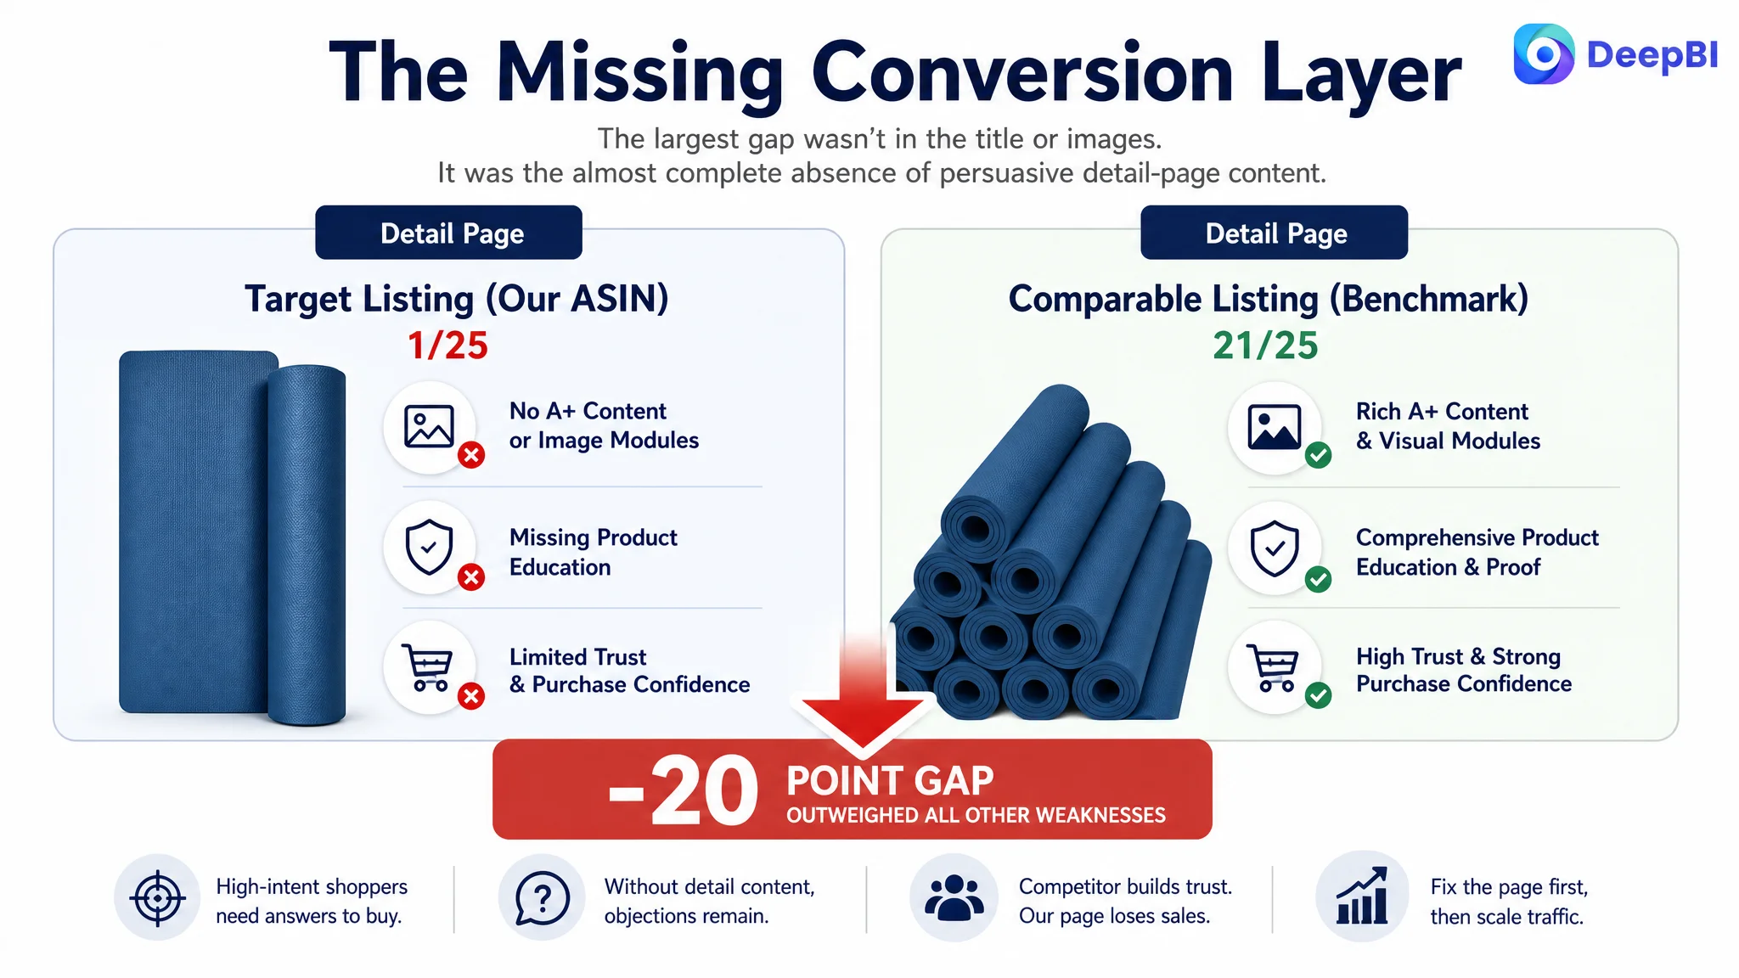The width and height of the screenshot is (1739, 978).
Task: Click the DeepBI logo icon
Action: click(1544, 54)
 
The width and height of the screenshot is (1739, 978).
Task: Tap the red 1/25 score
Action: click(447, 346)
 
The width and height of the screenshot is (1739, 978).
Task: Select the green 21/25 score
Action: click(1265, 346)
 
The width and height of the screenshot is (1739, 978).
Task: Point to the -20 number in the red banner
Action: click(684, 791)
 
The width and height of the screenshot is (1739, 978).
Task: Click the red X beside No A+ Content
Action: click(471, 455)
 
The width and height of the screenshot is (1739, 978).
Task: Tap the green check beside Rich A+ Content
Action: click(1318, 455)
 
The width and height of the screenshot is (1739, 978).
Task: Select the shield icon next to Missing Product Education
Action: click(429, 548)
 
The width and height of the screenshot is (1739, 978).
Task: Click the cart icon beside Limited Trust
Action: click(427, 667)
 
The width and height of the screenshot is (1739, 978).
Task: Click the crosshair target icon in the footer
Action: click(157, 897)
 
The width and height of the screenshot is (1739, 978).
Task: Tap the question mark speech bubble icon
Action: click(542, 898)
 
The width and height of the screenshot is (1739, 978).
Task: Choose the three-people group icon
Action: click(954, 898)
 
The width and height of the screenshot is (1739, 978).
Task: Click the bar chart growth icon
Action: click(1362, 896)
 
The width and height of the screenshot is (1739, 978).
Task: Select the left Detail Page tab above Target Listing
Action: click(448, 232)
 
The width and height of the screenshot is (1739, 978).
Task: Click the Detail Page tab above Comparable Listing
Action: click(1274, 232)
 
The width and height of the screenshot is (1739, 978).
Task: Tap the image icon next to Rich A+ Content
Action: click(1274, 427)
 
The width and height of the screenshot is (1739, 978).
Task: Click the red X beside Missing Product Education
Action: click(471, 577)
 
